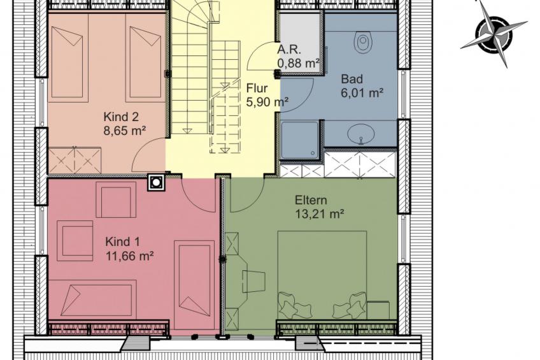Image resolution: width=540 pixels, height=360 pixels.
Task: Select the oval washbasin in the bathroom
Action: click(361, 134)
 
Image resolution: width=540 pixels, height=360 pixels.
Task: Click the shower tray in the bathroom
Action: click(300, 140)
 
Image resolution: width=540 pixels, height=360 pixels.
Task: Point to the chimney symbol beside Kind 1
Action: click(157, 182)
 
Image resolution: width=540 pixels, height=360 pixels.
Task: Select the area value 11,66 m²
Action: click(129, 256)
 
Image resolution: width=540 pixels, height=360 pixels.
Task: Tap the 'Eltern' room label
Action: click(311, 201)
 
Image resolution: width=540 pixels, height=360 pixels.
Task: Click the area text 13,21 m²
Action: click(320, 214)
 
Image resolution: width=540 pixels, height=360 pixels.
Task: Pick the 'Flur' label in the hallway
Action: click(257, 88)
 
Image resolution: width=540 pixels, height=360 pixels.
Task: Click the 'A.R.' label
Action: click(289, 50)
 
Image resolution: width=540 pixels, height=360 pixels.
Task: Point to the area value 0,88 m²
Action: click(298, 64)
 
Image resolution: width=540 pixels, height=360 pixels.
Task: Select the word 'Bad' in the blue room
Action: click(352, 79)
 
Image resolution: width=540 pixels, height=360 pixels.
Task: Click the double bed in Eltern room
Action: click(322, 277)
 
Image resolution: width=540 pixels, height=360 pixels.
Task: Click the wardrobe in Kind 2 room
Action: click(75, 160)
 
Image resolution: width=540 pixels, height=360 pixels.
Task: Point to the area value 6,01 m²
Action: click(362, 93)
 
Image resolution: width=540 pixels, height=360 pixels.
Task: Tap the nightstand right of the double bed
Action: click(378, 310)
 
